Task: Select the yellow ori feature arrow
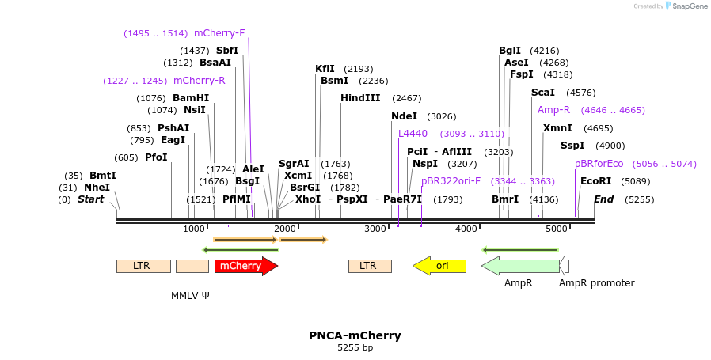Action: coord(439,266)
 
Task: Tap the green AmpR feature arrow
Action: coord(519,266)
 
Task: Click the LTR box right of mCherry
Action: coord(370,266)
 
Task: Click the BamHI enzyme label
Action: coord(191,98)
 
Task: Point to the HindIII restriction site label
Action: coord(360,98)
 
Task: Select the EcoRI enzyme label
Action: coord(595,181)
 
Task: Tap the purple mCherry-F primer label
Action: coord(219,33)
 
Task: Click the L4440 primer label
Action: coord(413,134)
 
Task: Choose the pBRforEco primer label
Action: coord(599,164)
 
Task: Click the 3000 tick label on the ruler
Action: coord(375,229)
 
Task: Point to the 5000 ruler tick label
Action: coord(557,229)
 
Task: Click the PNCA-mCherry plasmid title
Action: coord(355,335)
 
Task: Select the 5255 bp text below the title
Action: coord(355,347)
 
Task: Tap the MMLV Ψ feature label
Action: coord(190,295)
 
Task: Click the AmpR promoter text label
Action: coord(596,283)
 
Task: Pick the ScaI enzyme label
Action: coord(543,93)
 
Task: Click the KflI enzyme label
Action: coord(325,69)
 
